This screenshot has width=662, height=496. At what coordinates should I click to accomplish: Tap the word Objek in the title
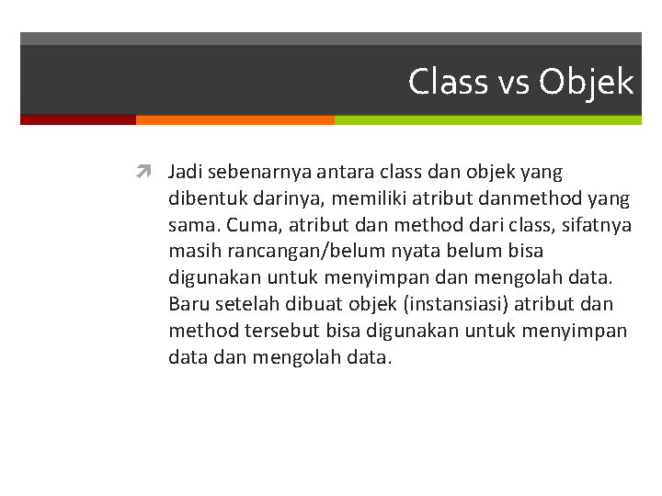(x=587, y=82)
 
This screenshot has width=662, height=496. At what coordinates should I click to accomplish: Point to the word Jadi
(x=185, y=172)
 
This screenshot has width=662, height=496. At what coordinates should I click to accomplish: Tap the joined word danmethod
(x=508, y=198)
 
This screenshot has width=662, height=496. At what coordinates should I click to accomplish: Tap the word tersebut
(x=268, y=331)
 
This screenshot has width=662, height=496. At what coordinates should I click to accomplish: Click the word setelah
(x=242, y=304)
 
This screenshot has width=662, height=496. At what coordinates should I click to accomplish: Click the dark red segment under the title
(x=78, y=119)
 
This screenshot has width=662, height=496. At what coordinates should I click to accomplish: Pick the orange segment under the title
(x=234, y=119)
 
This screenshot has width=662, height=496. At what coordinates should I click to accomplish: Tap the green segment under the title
(x=487, y=119)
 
